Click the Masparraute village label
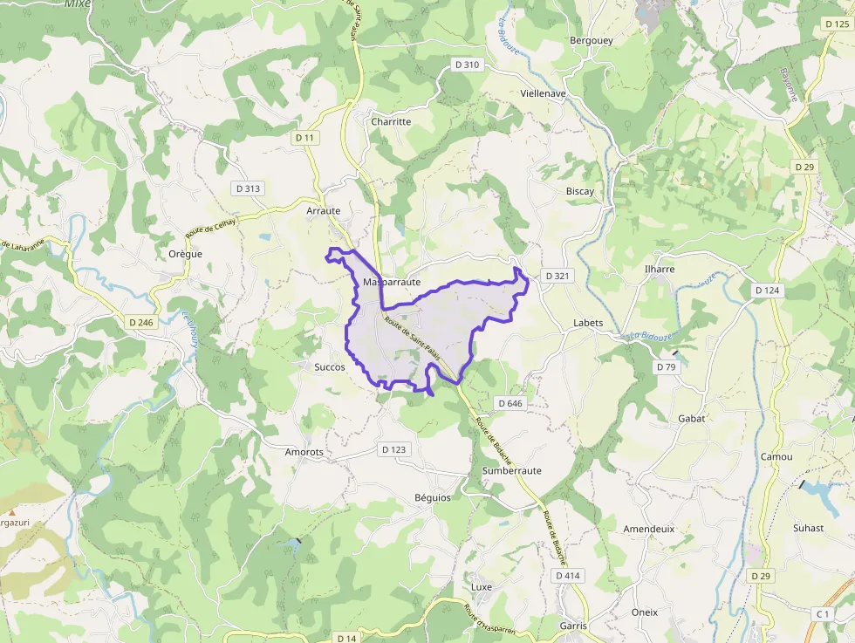click(392, 283)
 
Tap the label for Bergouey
click(591, 40)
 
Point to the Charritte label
click(391, 121)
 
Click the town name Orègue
click(185, 254)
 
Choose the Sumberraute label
click(511, 470)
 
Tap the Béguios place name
click(433, 497)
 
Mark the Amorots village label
click(304, 452)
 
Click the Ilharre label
click(659, 269)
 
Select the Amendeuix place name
click(648, 529)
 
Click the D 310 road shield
click(467, 65)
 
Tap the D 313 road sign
click(247, 188)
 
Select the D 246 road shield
click(139, 323)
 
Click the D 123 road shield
click(393, 449)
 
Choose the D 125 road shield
click(837, 25)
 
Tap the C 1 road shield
click(822, 614)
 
